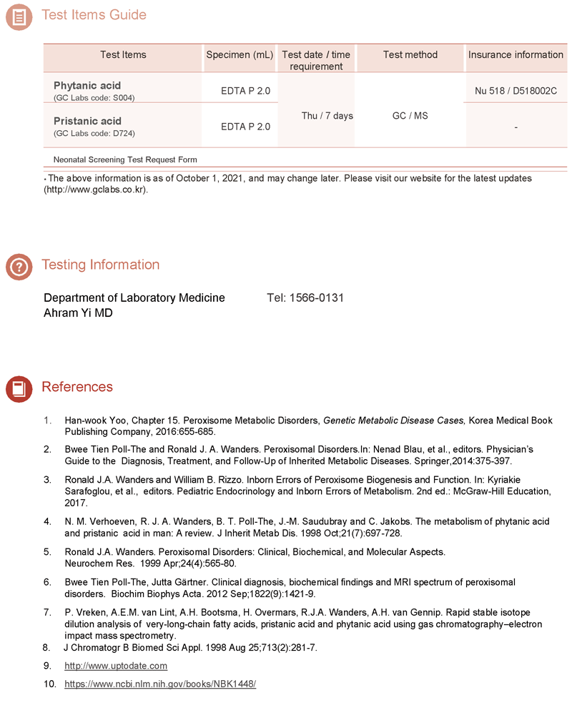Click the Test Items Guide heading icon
(19, 16)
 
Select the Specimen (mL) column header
(240, 55)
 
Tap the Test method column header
(410, 55)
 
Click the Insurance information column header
(516, 55)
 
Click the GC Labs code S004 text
(94, 98)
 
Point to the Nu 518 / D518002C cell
(516, 91)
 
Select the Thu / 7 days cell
(327, 116)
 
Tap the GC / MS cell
(410, 116)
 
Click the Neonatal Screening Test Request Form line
(125, 159)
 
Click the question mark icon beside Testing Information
(19, 266)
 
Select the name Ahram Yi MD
(78, 313)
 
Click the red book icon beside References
(19, 388)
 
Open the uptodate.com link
(116, 666)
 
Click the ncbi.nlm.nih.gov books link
(160, 684)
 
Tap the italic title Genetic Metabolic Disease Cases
(394, 421)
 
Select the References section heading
(77, 387)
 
